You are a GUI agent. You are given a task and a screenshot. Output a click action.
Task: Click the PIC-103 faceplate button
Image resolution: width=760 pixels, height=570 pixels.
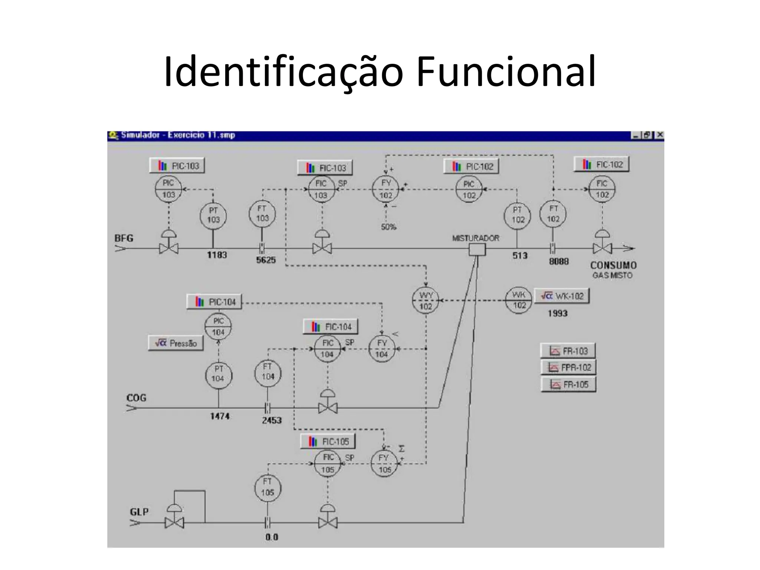point(177,166)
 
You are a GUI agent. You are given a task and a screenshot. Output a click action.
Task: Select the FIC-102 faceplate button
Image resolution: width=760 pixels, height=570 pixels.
point(602,164)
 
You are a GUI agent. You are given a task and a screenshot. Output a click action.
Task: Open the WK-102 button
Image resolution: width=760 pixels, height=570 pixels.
point(561,296)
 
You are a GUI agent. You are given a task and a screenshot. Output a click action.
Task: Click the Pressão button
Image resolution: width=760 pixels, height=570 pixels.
point(176,343)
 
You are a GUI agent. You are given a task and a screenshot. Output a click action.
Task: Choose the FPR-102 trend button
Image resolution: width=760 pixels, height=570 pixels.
point(568,367)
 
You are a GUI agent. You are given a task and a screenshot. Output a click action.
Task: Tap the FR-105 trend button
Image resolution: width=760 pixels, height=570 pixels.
point(568,384)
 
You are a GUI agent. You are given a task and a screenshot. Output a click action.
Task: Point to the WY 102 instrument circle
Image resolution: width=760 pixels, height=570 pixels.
point(426,301)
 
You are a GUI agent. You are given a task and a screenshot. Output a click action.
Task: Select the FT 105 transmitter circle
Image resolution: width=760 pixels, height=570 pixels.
point(268,487)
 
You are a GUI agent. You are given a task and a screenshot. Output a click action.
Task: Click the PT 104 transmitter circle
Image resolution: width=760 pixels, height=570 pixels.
point(218,374)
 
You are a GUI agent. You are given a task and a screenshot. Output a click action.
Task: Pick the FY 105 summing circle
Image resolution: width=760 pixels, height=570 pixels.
point(384,464)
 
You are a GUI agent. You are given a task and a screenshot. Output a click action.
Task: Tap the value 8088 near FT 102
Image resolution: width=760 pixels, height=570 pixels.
point(559,261)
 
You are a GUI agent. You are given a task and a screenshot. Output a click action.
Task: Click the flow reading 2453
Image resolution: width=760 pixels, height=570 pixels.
point(272,420)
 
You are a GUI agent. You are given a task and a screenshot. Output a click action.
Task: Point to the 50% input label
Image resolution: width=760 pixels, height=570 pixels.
point(389,227)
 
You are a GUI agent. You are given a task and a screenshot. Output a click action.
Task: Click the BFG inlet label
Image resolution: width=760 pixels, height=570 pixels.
point(124,238)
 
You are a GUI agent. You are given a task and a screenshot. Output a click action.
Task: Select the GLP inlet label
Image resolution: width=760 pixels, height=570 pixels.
point(139,512)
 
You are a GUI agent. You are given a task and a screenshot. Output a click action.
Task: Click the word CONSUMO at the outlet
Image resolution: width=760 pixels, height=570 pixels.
point(613,265)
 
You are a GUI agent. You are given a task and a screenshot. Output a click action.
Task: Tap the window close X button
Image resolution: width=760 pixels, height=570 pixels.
point(659,135)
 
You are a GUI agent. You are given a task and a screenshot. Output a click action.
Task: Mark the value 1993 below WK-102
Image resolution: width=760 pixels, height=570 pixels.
point(557,314)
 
